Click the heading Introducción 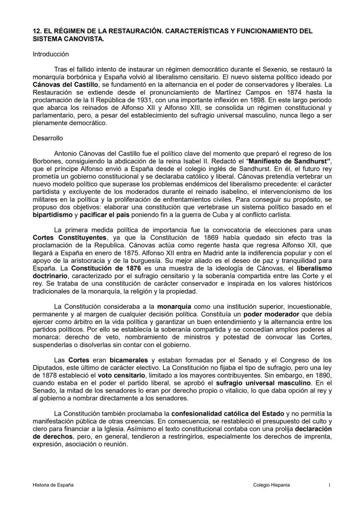click(51, 54)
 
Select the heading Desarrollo click(48, 138)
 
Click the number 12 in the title click(37, 31)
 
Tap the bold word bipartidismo click(55, 215)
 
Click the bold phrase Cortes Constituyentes click(70, 237)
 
